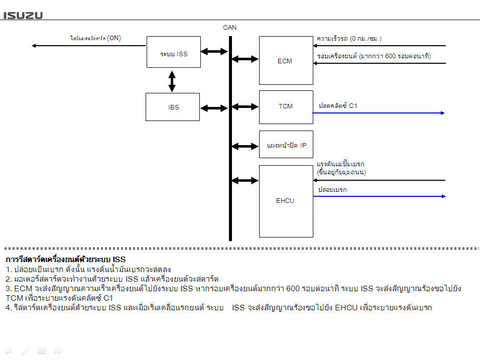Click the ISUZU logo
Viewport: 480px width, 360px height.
click(23, 15)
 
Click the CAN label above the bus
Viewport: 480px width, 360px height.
click(229, 28)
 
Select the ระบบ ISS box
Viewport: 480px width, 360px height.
click(174, 52)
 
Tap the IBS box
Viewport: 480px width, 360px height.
click(173, 107)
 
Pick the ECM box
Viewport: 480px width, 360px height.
click(286, 60)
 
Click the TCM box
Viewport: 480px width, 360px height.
click(286, 106)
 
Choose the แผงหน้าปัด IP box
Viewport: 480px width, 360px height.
click(286, 145)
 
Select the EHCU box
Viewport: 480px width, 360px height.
click(286, 201)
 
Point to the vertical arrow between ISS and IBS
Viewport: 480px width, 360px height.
click(172, 81)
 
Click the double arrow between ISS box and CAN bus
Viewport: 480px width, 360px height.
click(215, 51)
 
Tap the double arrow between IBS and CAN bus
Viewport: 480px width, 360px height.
click(215, 107)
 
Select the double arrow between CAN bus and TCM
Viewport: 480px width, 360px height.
click(245, 106)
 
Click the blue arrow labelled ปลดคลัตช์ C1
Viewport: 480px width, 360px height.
click(379, 113)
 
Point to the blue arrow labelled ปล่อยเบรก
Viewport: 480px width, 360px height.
click(379, 196)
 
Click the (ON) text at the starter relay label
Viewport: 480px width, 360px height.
click(114, 38)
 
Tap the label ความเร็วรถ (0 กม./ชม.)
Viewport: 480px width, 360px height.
click(349, 38)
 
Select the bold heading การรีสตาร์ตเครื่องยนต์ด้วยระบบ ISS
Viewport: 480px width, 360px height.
click(65, 260)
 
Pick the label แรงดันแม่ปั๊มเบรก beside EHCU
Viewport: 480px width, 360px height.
click(340, 164)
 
